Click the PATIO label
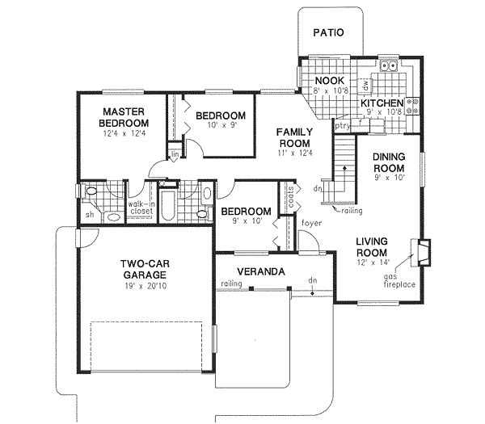click(x=329, y=33)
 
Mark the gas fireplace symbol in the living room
click(x=420, y=251)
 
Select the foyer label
click(x=311, y=223)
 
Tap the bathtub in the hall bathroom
click(x=168, y=206)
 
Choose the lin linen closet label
click(x=174, y=153)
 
